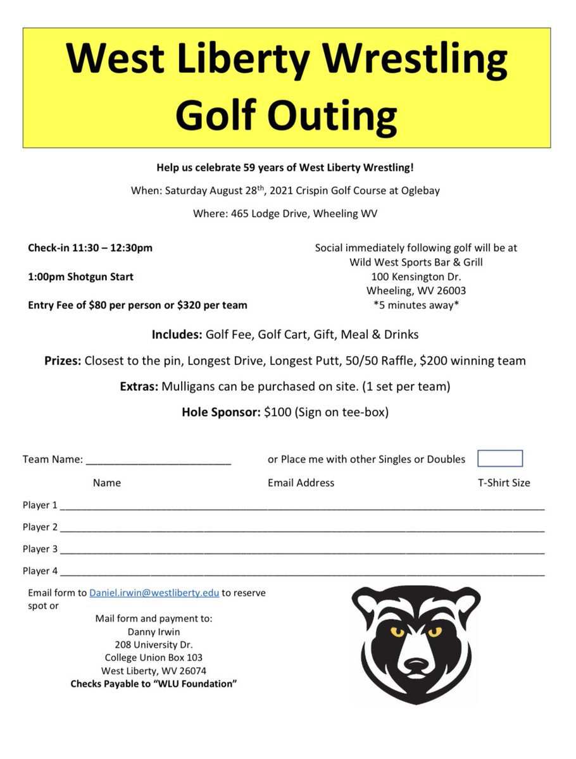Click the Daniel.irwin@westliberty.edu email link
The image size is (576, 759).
pyautogui.click(x=154, y=593)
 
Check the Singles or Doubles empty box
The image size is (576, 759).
pyautogui.click(x=499, y=459)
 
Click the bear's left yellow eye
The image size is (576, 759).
pyautogui.click(x=397, y=631)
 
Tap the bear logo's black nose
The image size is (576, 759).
pyautogui.click(x=416, y=666)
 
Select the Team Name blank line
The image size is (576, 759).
pyautogui.click(x=158, y=460)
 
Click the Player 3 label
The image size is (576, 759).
pyautogui.click(x=40, y=548)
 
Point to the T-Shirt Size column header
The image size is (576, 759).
pyautogui.click(x=504, y=483)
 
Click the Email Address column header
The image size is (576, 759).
pyautogui.click(x=301, y=483)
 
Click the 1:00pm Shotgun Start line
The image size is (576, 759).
pyautogui.click(x=80, y=276)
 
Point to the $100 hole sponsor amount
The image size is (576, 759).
pyautogui.click(x=277, y=412)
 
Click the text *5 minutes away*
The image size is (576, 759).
pyautogui.click(x=416, y=305)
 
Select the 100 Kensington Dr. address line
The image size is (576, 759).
pyautogui.click(x=416, y=276)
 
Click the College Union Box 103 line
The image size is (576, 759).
pyautogui.click(x=154, y=657)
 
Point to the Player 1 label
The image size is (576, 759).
pyautogui.click(x=40, y=505)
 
